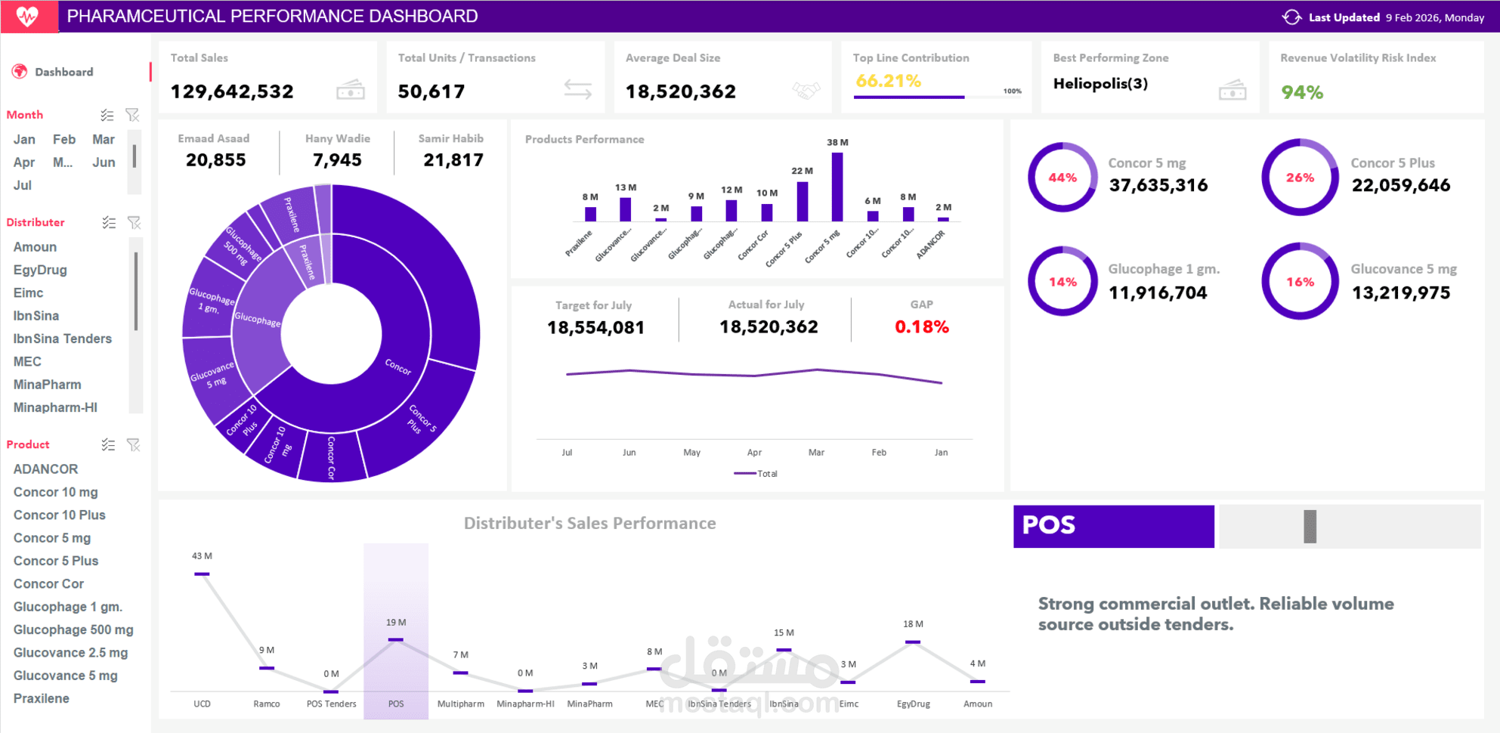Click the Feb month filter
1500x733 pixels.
(64, 140)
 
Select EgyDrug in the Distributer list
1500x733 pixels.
(40, 270)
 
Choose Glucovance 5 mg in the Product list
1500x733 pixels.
(65, 676)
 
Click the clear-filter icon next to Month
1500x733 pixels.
(133, 115)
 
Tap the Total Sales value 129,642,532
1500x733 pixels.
(232, 91)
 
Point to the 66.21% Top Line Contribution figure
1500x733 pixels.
(888, 81)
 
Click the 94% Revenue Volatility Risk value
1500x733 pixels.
(1301, 92)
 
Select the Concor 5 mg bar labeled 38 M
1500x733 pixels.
(837, 187)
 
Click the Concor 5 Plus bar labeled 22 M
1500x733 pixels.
(802, 201)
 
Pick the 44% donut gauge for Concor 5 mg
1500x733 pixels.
(1062, 178)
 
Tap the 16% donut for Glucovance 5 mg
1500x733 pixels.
(1300, 282)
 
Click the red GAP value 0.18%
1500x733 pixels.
(921, 326)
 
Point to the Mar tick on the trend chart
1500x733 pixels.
(816, 452)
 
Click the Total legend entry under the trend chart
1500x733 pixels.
(756, 474)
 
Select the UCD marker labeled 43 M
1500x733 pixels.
(202, 574)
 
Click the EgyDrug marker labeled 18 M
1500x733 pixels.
(913, 642)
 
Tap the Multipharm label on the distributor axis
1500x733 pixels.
(460, 704)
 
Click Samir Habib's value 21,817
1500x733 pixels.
(453, 160)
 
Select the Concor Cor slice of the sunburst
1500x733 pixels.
(331, 456)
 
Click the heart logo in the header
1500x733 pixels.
(28, 16)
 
